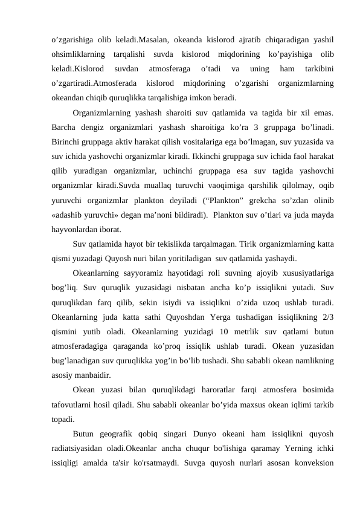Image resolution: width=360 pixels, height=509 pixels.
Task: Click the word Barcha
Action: click(65, 128)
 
